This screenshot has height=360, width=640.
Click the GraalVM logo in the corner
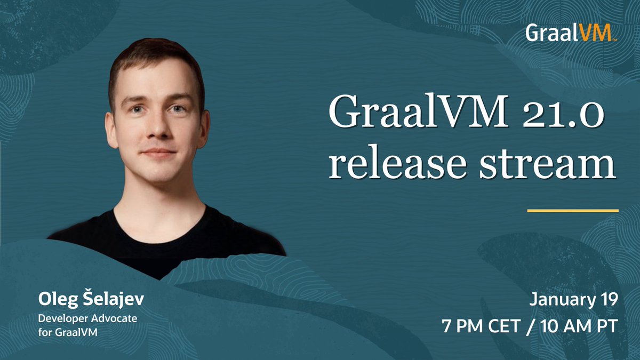pos(571,33)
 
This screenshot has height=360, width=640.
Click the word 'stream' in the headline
pos(547,166)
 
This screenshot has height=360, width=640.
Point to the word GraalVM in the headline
pos(419,111)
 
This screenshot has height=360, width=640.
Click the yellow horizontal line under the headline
pos(573,211)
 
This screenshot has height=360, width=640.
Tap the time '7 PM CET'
pos(481,326)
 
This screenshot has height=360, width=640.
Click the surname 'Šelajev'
pos(113,299)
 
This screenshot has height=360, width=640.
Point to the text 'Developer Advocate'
pos(87,318)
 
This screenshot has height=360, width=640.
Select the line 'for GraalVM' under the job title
pos(68,332)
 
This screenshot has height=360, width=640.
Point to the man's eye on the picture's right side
pos(178,109)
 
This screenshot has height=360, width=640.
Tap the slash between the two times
pos(530,326)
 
